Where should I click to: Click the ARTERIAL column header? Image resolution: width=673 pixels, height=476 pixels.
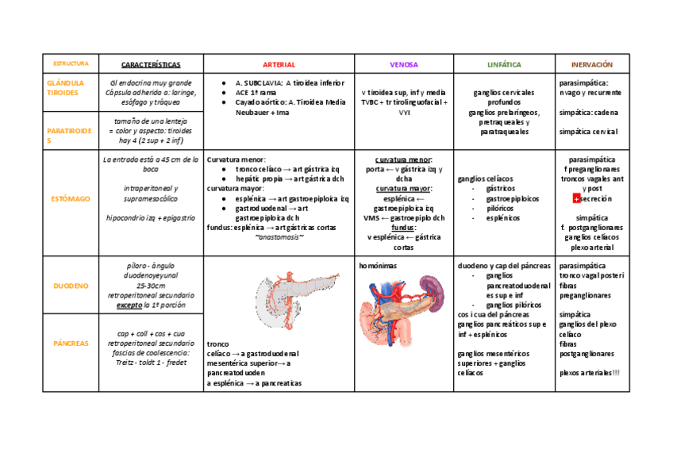point(279,64)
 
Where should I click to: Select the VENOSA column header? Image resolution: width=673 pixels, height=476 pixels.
point(403,64)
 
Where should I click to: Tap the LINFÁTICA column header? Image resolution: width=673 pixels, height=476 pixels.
point(504,64)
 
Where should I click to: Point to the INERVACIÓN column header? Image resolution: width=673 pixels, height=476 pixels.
point(592,64)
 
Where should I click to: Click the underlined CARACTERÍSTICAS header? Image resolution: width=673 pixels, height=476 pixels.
point(151,64)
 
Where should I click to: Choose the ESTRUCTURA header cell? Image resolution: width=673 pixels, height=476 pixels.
point(71,63)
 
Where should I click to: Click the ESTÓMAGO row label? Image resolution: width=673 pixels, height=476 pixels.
point(71,198)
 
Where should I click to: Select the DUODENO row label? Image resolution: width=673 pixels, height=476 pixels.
point(71,285)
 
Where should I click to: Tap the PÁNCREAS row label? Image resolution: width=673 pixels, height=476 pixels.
point(71,344)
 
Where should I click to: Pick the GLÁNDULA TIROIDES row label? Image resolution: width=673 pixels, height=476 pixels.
point(64,87)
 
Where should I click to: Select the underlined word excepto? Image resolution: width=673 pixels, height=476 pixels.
point(130,305)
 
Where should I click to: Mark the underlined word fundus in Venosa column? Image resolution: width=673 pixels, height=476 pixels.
point(403,226)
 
